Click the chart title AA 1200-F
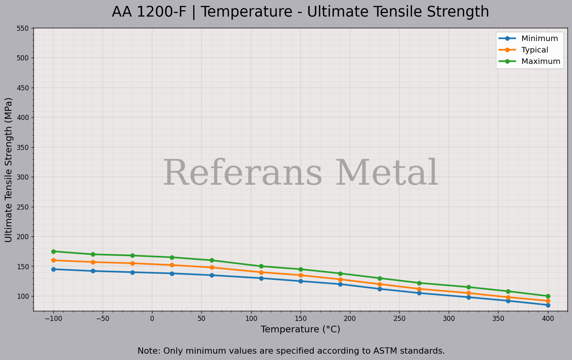coord(300,12)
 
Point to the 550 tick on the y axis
coord(23,28)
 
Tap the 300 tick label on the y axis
coord(23,177)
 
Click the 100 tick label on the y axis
coord(23,296)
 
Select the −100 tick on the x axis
coord(53,318)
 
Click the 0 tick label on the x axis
coord(152,318)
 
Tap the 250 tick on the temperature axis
coord(399,318)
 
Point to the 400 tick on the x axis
coord(548,318)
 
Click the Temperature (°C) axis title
coord(300,329)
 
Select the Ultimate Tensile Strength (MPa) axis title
coord(9,170)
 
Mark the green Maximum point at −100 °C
coord(53,251)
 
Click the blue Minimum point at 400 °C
coord(548,305)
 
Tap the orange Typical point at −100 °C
coord(53,261)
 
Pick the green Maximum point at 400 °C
coord(548,296)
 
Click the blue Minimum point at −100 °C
coord(53,269)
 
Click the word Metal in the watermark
coord(387,174)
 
